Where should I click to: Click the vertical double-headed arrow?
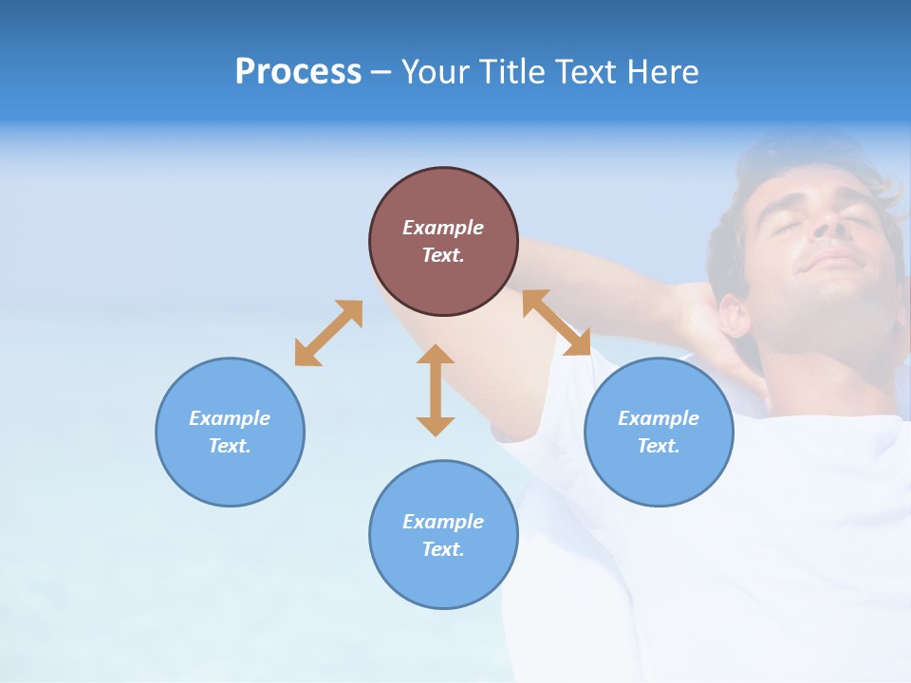(x=436, y=390)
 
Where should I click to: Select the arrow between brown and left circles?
(x=328, y=333)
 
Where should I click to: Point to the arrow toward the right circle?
(x=557, y=323)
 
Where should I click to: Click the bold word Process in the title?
(x=298, y=72)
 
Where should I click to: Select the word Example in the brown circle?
(x=443, y=228)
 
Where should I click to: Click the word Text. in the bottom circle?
(x=443, y=549)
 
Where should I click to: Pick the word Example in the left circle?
(x=230, y=418)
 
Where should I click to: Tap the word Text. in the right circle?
(x=659, y=446)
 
